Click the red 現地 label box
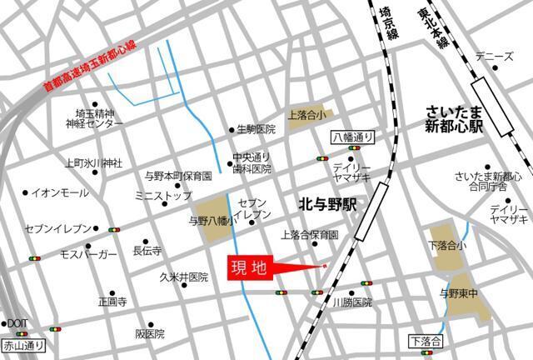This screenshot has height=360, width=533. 249,268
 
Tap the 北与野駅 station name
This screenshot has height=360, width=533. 326,202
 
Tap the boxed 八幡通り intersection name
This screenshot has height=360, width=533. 353,137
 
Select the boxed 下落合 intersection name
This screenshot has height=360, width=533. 426,341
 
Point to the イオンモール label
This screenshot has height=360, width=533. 60,192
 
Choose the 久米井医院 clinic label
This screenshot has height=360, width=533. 184,277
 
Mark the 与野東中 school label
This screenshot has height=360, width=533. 461,292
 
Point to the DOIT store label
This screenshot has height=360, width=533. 17,323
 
